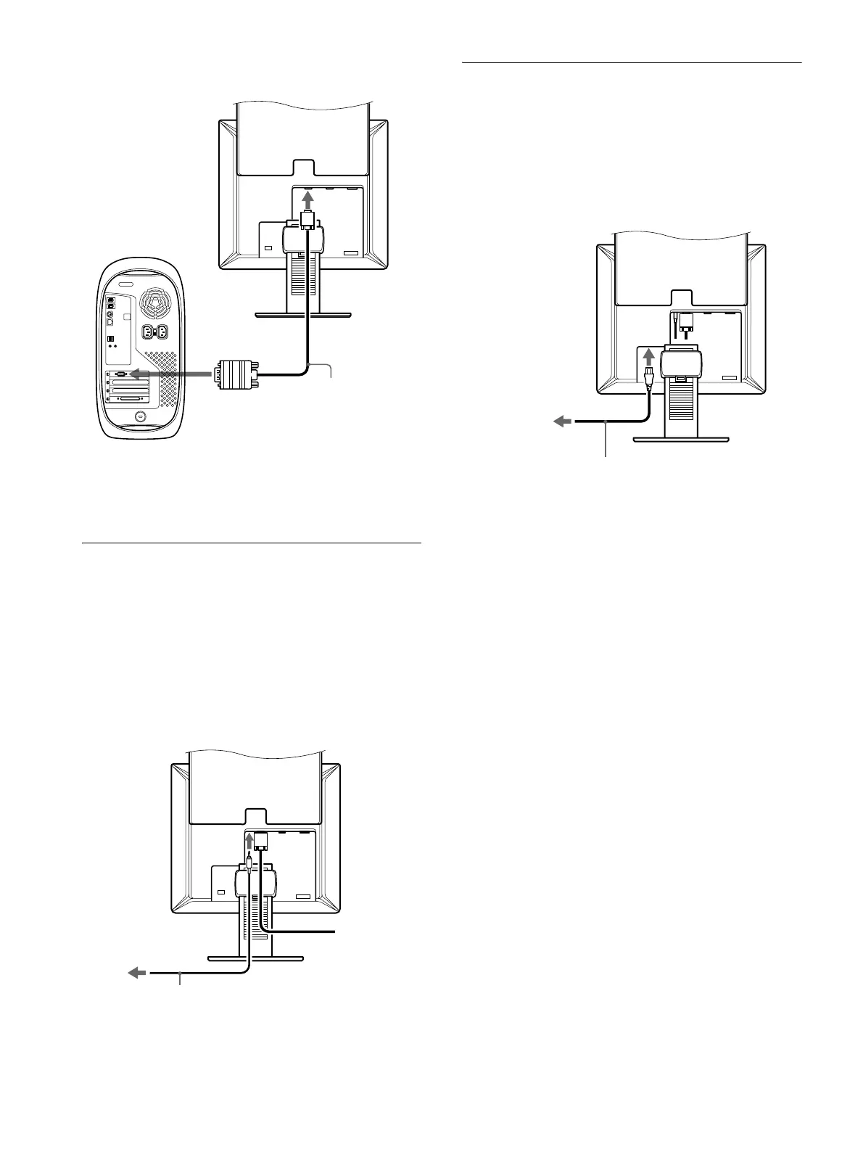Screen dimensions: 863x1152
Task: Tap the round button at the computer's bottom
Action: (139, 416)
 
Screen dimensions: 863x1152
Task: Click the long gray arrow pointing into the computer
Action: (170, 374)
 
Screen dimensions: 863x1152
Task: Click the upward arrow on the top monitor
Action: (308, 199)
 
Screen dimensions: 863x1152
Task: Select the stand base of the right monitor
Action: (681, 437)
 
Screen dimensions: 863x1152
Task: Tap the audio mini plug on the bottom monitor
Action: (248, 863)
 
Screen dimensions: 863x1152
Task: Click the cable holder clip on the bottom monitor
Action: (255, 881)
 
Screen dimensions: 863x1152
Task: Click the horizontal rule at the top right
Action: (632, 63)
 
